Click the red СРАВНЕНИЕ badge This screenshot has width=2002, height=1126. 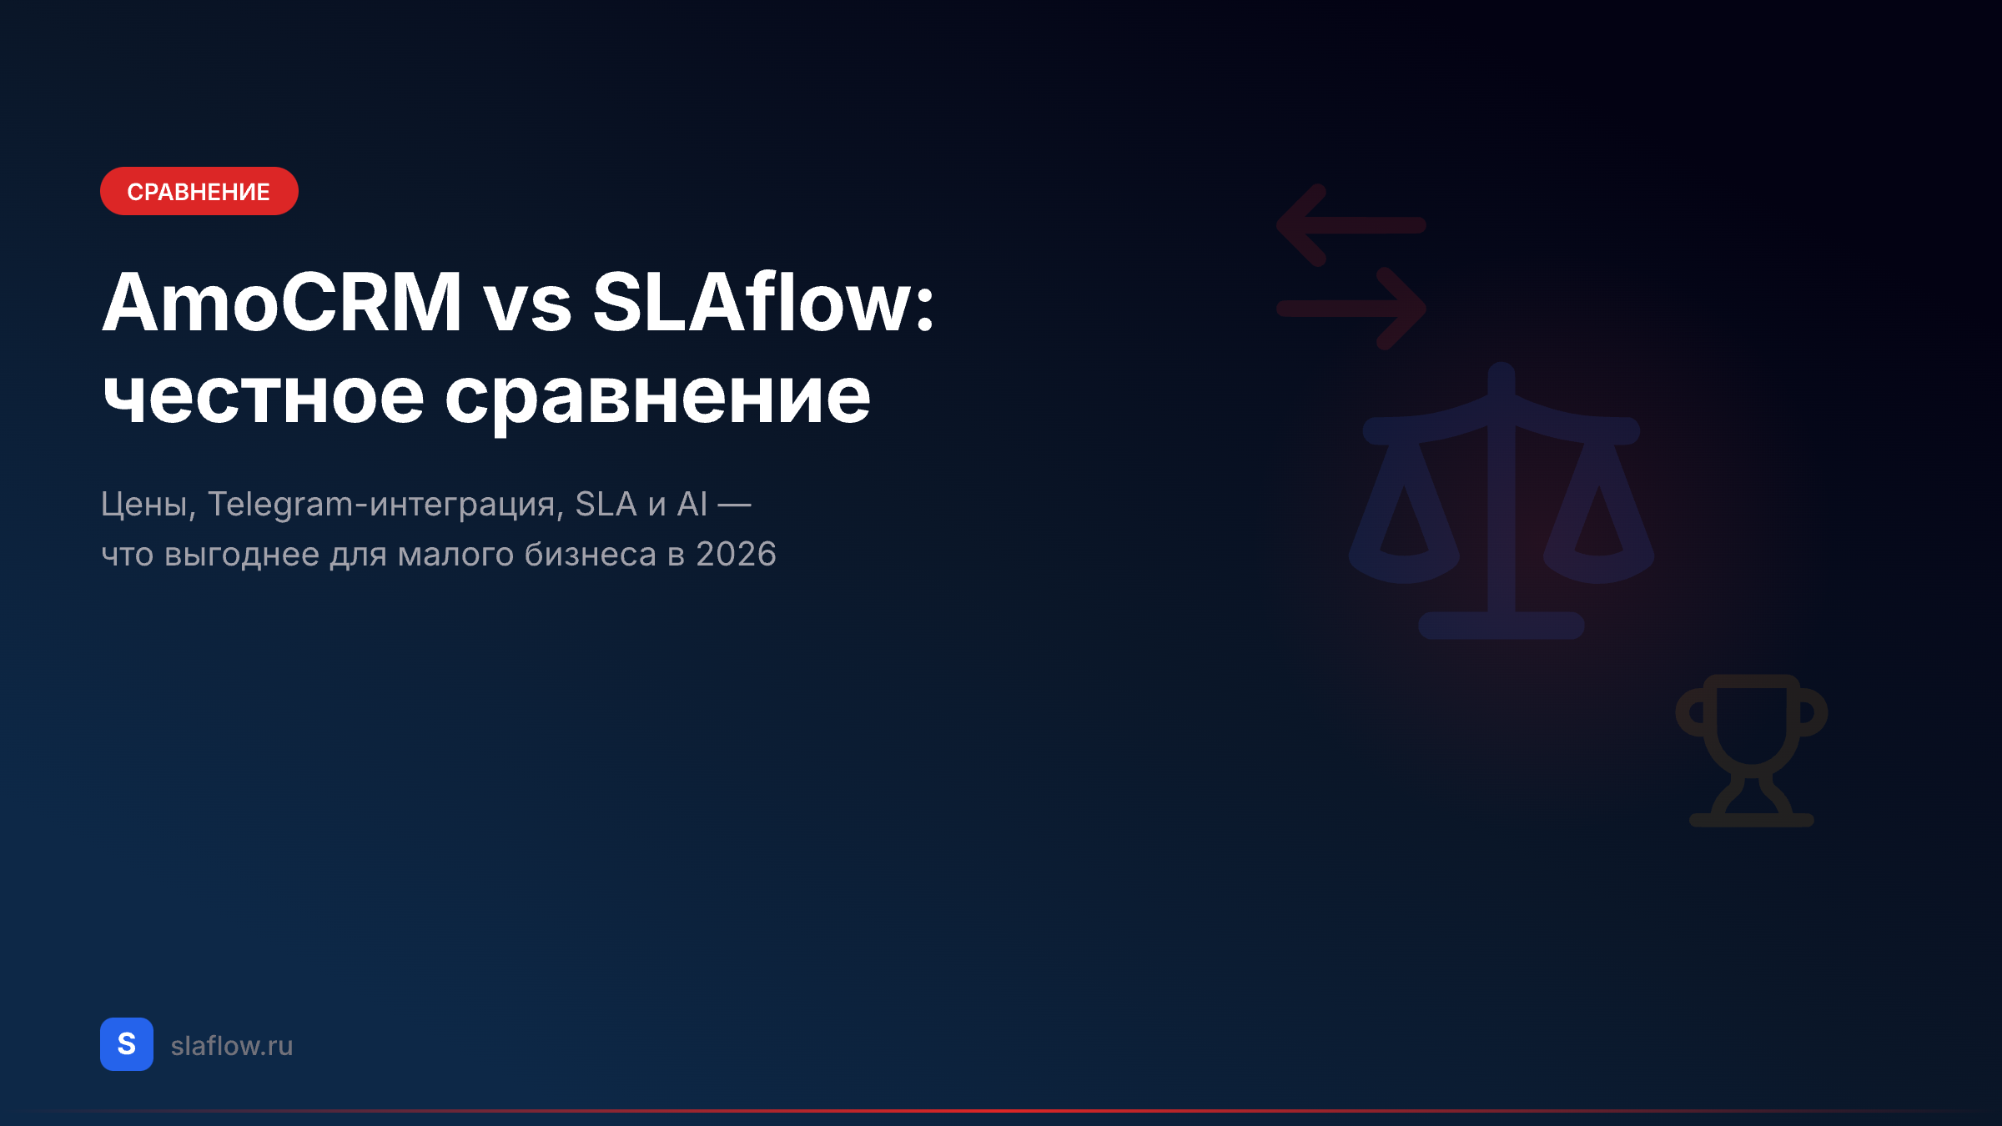point(199,191)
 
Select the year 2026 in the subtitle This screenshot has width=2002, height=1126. point(736,555)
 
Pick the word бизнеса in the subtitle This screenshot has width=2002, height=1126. point(590,555)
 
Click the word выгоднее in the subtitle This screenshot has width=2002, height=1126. point(242,555)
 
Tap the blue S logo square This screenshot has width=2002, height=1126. point(127,1044)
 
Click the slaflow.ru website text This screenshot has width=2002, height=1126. point(232,1046)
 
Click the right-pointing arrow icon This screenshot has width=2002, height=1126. point(1351,309)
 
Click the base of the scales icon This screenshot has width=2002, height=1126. point(1501,626)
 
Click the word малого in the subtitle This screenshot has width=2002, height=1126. point(455,555)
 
